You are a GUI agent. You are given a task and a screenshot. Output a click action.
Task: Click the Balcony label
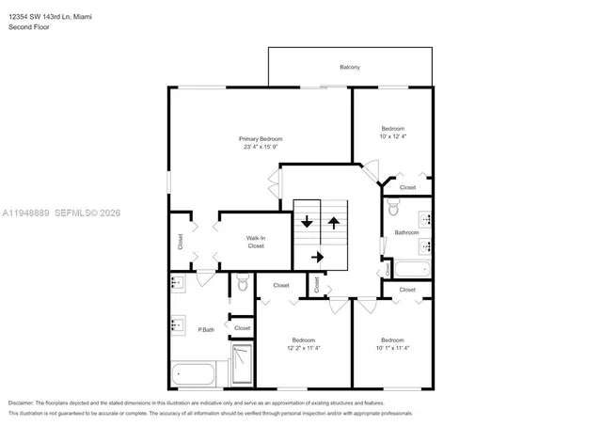pos(350,67)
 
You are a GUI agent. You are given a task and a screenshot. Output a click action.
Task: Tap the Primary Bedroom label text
pos(261,139)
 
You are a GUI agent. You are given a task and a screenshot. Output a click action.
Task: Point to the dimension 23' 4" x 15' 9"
pos(261,148)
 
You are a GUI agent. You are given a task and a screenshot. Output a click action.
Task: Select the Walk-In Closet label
pos(256,242)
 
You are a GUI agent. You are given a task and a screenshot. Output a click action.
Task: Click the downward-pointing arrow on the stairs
pos(307,224)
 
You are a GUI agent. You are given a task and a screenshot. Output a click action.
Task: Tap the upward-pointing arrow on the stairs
pos(333,224)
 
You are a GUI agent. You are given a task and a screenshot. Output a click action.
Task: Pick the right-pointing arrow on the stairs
pos(317,256)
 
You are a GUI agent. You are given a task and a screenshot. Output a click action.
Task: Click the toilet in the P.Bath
pos(242,282)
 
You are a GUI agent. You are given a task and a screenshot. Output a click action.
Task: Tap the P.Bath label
pos(207,329)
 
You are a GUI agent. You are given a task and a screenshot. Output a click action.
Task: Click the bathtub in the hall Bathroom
pos(413,271)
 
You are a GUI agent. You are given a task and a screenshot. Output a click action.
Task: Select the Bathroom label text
pos(406,232)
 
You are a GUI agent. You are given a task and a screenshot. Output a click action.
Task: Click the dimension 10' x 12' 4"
pos(392,136)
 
